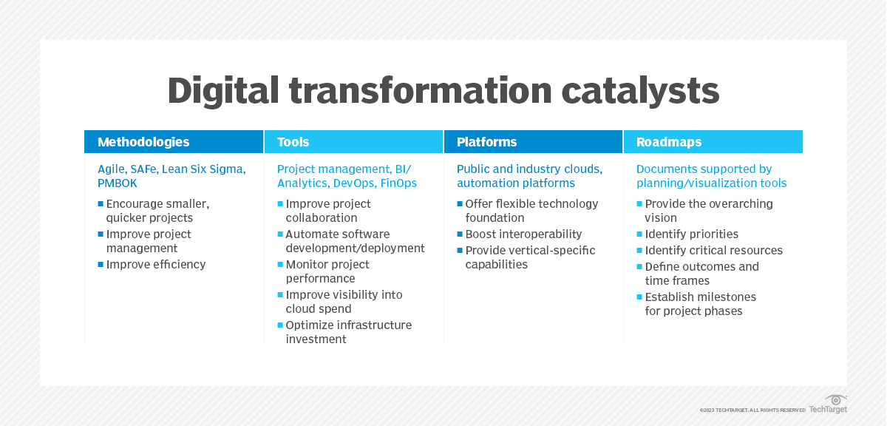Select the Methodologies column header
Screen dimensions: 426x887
[x=143, y=142]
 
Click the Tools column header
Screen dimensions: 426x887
[x=293, y=142]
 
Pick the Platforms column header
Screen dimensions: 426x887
[x=486, y=142]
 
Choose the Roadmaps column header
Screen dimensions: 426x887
[x=669, y=142]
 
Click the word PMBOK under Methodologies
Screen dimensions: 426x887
[x=118, y=183]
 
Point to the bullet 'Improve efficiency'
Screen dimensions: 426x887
[x=156, y=264]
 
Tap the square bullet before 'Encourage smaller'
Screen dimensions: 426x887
[x=101, y=203]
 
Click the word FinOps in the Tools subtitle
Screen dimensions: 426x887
[x=398, y=183]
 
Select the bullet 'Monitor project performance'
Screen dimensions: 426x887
[x=327, y=271]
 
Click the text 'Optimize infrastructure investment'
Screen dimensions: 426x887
[x=348, y=332]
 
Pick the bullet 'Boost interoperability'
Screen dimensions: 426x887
[x=523, y=234]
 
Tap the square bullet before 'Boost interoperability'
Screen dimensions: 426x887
[x=460, y=234]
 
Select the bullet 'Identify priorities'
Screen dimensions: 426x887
[x=691, y=234]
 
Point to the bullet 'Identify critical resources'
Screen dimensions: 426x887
[x=713, y=250]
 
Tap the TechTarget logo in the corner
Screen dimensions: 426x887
[x=829, y=405]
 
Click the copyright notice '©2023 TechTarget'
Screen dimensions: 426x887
[x=752, y=410]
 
